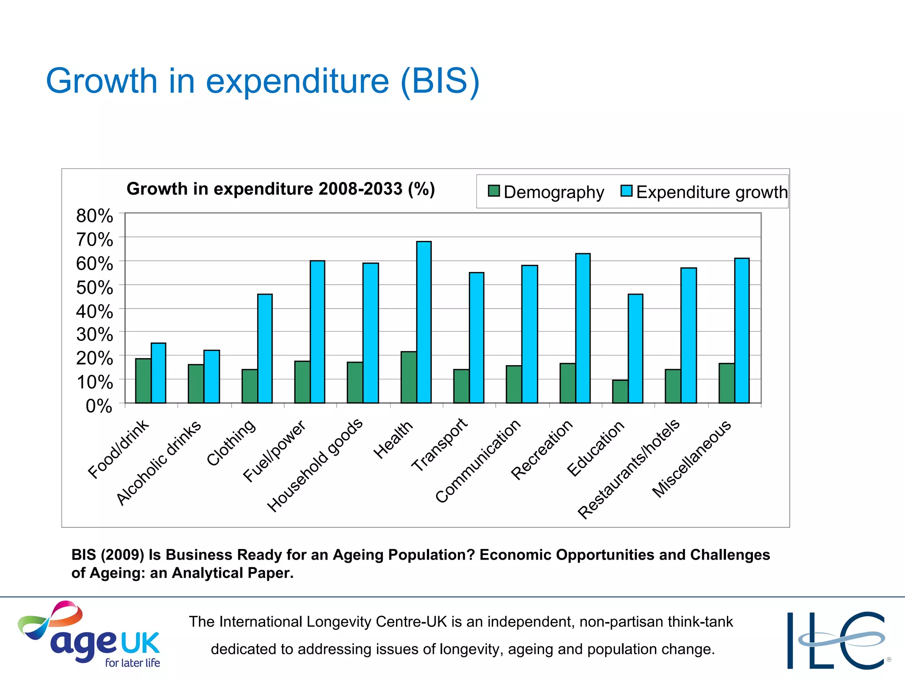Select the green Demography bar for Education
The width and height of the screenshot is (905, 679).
click(620, 391)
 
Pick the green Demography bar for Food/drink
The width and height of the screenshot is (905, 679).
click(143, 381)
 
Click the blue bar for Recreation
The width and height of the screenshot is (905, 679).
click(583, 328)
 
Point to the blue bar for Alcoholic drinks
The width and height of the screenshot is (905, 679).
click(212, 376)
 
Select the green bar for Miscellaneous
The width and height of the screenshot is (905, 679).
click(726, 383)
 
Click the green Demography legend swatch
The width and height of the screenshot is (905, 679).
click(494, 191)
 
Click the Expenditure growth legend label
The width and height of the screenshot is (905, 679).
click(711, 192)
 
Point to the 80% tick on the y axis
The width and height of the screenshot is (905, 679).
click(95, 216)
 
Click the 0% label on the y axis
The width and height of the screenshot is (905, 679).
click(99, 406)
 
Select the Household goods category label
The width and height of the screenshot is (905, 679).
click(315, 465)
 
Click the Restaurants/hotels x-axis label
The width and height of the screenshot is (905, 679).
click(628, 469)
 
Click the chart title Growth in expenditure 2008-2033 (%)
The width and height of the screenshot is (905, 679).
click(281, 189)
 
